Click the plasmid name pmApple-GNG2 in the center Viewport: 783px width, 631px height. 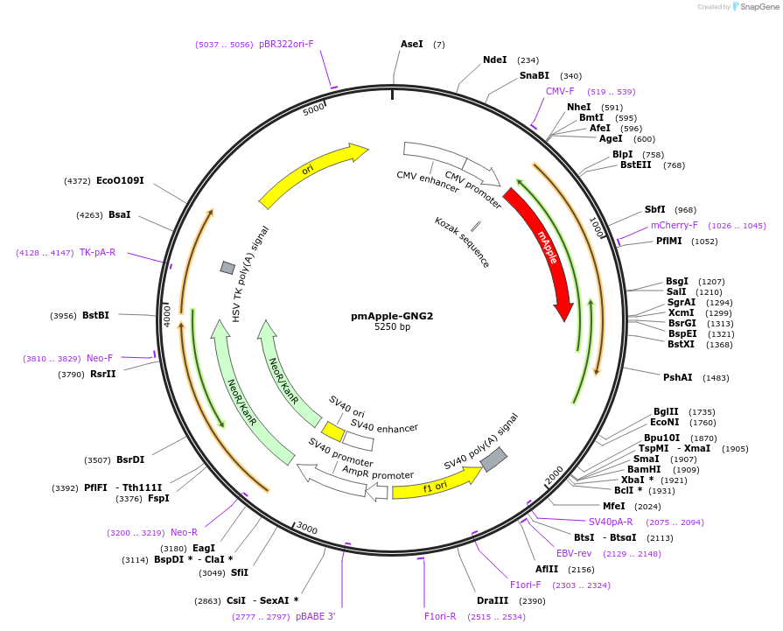(x=392, y=316)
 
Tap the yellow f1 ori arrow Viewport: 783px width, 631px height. (x=435, y=484)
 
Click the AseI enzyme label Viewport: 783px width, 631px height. (x=412, y=44)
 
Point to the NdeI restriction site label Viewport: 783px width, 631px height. (x=495, y=60)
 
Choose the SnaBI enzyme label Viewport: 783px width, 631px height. (x=535, y=76)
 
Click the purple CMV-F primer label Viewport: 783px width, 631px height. (x=560, y=91)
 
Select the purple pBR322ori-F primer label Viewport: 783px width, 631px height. (x=286, y=44)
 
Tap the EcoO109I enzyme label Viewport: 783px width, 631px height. (x=120, y=181)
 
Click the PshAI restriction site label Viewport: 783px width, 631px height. (x=678, y=377)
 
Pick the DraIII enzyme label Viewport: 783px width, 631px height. (x=493, y=600)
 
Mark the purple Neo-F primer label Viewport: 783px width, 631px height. (x=100, y=358)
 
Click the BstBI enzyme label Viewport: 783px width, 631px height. (x=96, y=315)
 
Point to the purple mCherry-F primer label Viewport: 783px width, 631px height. (x=674, y=225)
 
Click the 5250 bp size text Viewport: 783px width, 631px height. (x=392, y=327)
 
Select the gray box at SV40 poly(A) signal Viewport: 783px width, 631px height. (x=493, y=459)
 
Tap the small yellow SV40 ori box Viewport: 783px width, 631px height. (x=332, y=431)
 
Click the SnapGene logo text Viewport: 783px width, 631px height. (x=758, y=7)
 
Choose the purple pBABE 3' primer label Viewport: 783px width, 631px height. (x=315, y=616)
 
